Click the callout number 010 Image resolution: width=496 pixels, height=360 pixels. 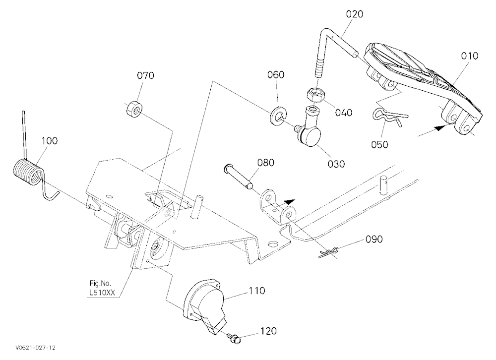coord(469,56)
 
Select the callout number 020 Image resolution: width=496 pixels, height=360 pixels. coord(354,14)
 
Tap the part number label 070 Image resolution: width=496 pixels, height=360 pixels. coord(145,75)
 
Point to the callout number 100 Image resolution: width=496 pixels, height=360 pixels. coord(49,141)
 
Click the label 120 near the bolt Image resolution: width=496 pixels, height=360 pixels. coord(268,331)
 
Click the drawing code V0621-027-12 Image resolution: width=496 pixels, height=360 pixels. coord(35,348)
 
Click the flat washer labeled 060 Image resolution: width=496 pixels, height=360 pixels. coord(278,114)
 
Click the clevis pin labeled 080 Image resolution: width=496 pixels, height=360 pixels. coord(238,177)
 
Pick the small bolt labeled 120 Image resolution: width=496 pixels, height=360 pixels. coord(235,338)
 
